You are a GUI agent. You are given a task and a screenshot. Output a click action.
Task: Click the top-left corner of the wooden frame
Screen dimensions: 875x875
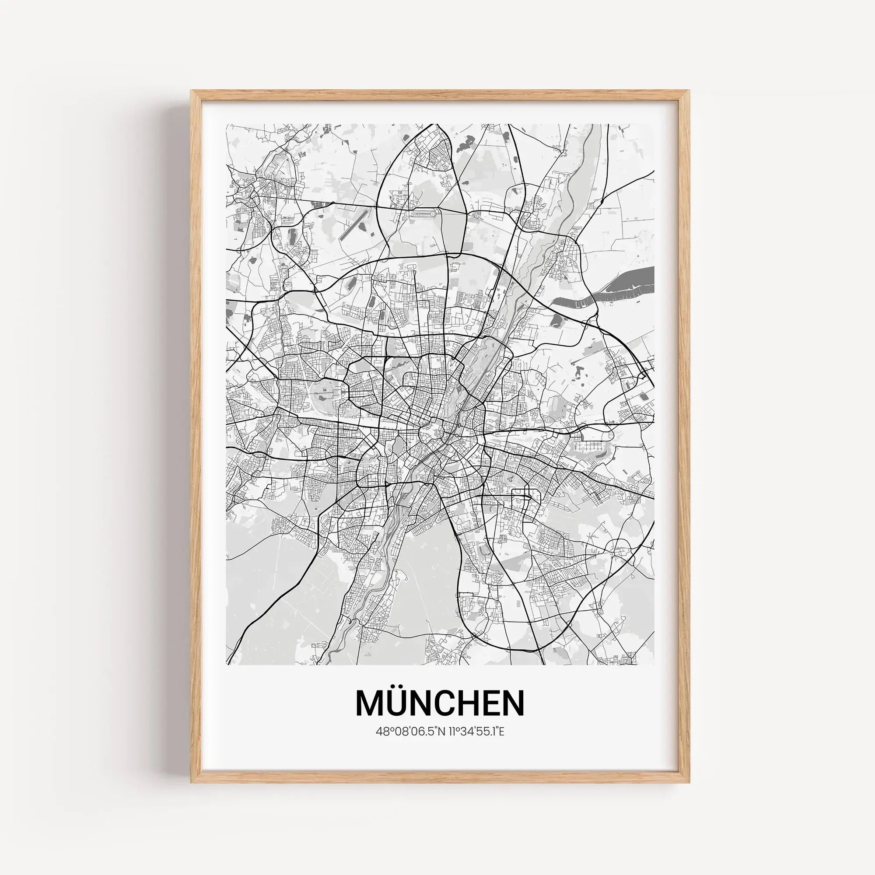(192, 92)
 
